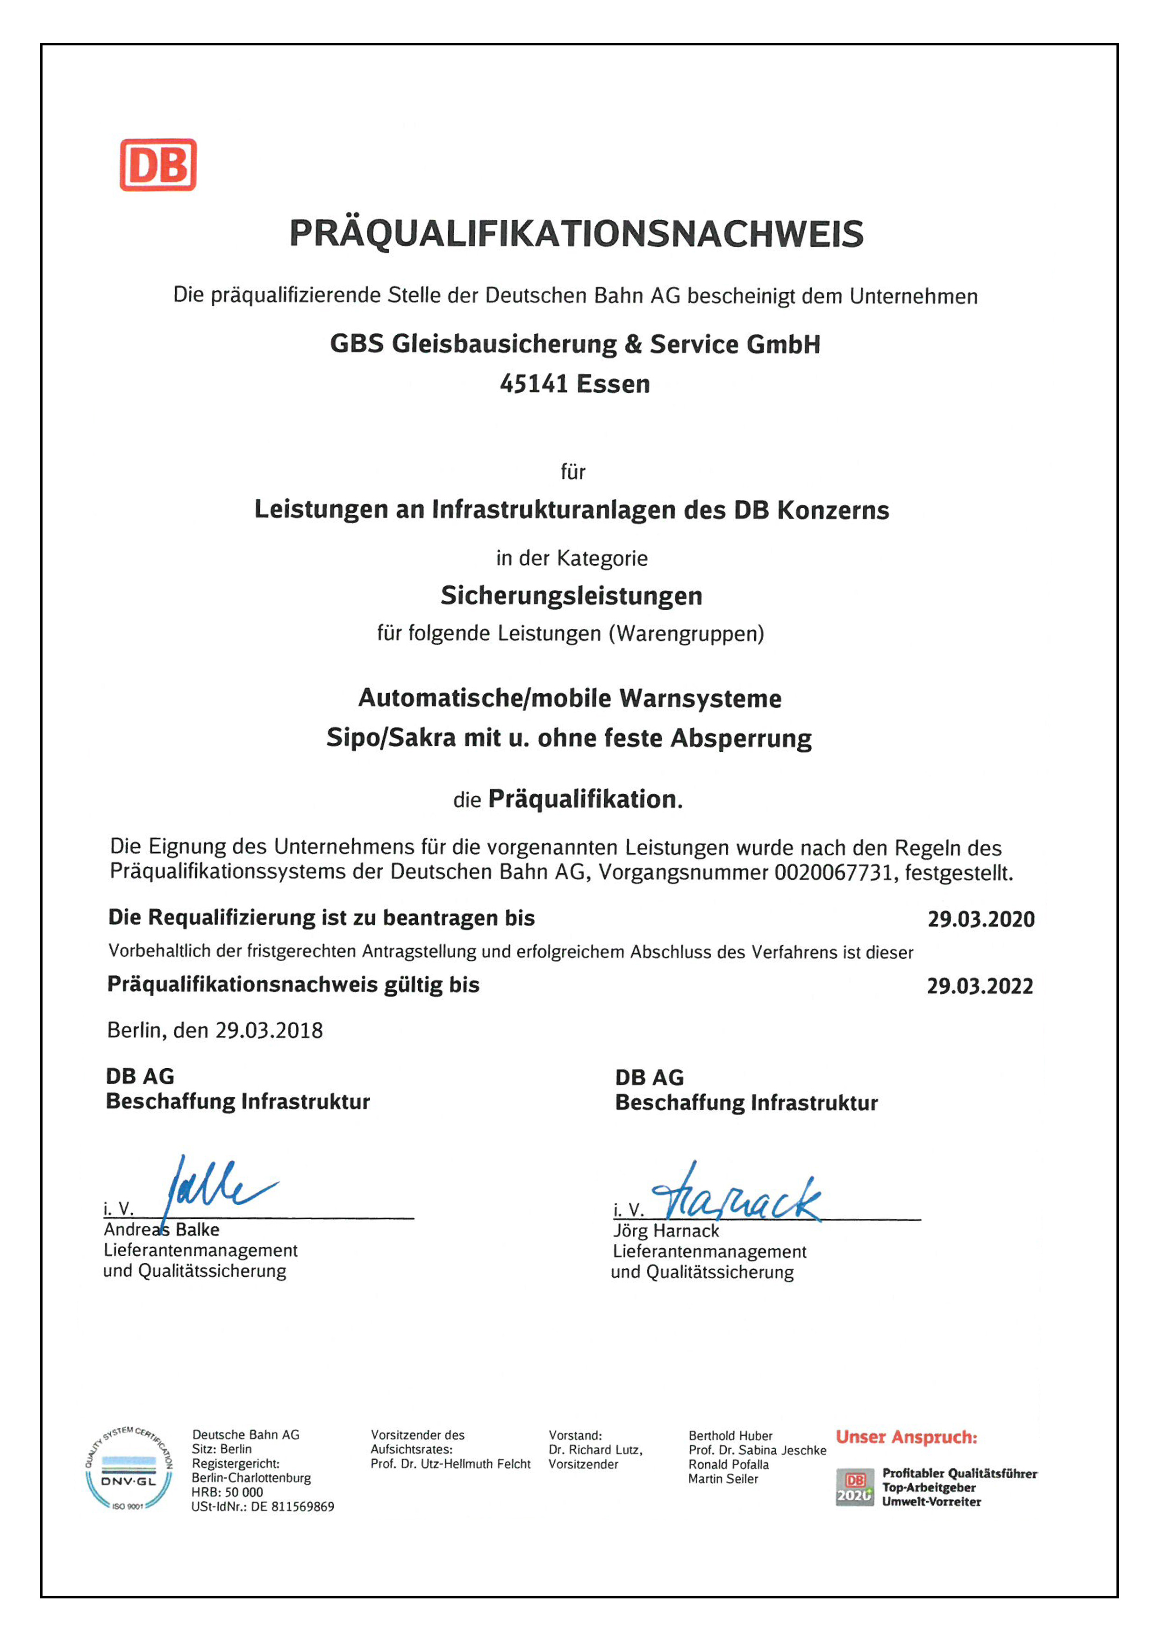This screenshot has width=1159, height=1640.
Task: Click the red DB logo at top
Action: click(x=158, y=165)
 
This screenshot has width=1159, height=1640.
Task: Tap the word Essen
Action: click(x=614, y=384)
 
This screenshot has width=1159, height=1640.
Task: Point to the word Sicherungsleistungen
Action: click(x=571, y=596)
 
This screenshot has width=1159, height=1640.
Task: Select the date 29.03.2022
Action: click(x=980, y=986)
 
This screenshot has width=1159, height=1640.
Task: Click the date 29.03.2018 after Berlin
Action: click(x=269, y=1031)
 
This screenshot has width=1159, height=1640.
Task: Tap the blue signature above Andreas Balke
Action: click(x=214, y=1189)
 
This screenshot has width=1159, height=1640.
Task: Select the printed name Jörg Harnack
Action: click(x=665, y=1231)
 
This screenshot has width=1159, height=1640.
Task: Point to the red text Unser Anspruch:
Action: click(x=906, y=1437)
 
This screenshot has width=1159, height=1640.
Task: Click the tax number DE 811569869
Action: click(x=292, y=1507)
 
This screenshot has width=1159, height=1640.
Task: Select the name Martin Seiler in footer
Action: click(x=723, y=1479)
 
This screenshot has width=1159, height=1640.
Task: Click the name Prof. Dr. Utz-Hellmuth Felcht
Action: click(x=450, y=1464)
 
